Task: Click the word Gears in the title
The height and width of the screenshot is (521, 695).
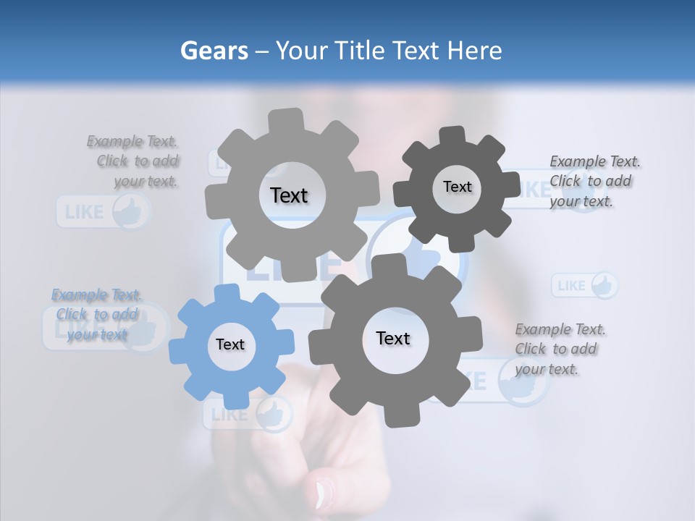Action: (x=214, y=51)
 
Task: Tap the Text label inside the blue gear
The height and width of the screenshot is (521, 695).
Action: (x=230, y=344)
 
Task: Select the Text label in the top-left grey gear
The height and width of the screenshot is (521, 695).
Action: (x=289, y=195)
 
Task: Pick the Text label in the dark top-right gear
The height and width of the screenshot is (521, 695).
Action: (x=457, y=187)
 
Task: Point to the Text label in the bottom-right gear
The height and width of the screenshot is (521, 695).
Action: (x=393, y=338)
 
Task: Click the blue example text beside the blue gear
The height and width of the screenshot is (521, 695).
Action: (x=97, y=314)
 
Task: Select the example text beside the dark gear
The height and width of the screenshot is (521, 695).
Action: (x=594, y=181)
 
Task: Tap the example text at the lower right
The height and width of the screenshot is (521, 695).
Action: (x=560, y=349)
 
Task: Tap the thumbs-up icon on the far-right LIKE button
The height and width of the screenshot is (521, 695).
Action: (x=604, y=285)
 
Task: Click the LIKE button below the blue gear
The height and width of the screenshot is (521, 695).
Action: (x=248, y=415)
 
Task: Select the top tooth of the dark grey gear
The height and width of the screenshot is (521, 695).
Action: (x=452, y=135)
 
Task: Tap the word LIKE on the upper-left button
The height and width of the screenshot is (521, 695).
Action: (x=84, y=213)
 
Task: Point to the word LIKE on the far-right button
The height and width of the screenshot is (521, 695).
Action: (x=572, y=286)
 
